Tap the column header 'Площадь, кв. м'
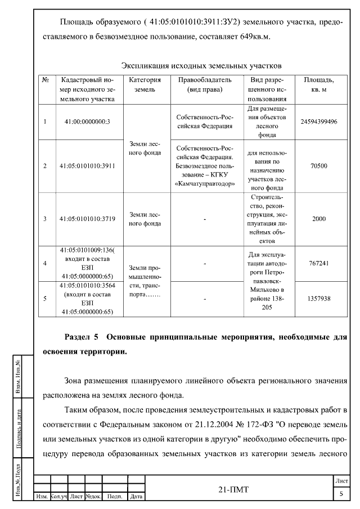(x=318, y=85)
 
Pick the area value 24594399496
(x=318, y=121)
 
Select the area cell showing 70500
(x=318, y=166)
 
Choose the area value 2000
(x=318, y=219)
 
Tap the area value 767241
(x=318, y=263)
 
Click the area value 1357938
(x=318, y=299)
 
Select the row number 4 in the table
(x=45, y=263)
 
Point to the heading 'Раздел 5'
(x=82, y=337)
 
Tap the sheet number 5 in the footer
(x=341, y=494)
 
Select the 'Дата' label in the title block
(x=136, y=497)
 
